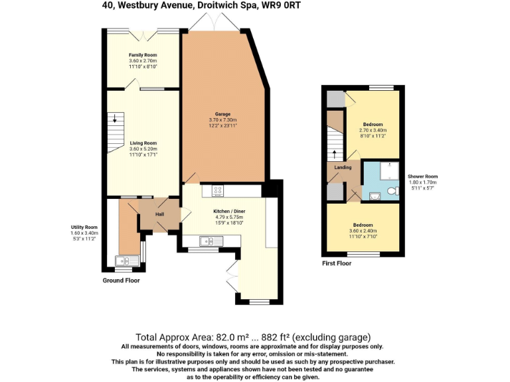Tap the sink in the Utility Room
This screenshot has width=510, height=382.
click(x=124, y=261)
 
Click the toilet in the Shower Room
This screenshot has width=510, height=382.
click(x=392, y=192)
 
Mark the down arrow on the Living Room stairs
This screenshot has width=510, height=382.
click(x=114, y=119)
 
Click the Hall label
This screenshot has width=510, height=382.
click(x=159, y=214)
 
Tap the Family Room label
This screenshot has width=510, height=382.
click(x=143, y=54)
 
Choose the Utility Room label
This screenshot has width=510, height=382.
click(x=84, y=227)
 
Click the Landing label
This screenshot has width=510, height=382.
click(x=343, y=167)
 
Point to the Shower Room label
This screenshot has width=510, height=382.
click(x=422, y=176)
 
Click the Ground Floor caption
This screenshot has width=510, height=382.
click(x=121, y=281)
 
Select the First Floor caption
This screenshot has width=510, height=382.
click(x=337, y=263)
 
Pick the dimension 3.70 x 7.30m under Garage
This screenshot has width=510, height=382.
click(x=222, y=119)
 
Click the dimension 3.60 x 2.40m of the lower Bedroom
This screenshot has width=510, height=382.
click(x=363, y=230)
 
